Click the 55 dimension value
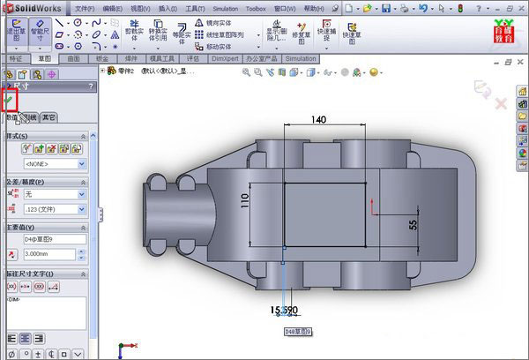(412, 225)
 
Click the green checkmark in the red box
(10, 101)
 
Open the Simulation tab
(300, 59)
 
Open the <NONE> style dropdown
(54, 163)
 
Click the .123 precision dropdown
(54, 209)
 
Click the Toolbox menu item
(256, 7)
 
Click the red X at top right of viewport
(501, 103)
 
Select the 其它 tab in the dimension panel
(49, 116)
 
